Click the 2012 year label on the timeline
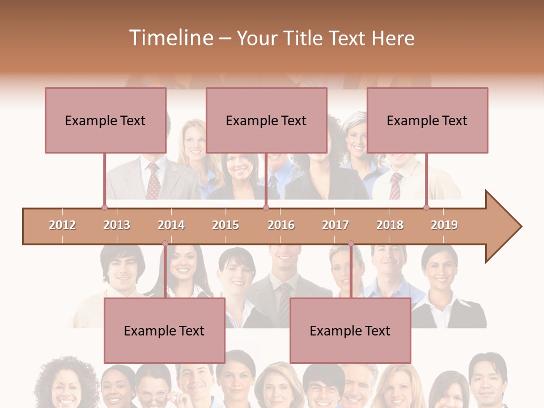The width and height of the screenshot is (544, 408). click(x=62, y=225)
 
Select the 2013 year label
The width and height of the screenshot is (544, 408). click(x=117, y=225)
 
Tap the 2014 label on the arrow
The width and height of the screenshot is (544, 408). click(x=171, y=225)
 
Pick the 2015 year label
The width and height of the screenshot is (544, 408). click(x=226, y=225)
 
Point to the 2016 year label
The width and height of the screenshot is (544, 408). click(x=281, y=225)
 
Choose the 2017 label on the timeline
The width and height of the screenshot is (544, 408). click(x=335, y=225)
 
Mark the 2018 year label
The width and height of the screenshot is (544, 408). click(x=390, y=225)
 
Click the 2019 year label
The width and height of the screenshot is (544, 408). click(x=444, y=225)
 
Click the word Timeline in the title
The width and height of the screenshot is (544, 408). click(x=170, y=38)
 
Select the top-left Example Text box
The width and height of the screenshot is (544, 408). click(x=105, y=120)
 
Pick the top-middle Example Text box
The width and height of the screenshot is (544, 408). click(x=266, y=120)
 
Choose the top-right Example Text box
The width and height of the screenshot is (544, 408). click(x=427, y=120)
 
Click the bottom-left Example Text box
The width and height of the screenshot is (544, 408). click(x=164, y=330)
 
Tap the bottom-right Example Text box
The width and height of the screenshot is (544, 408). click(x=350, y=330)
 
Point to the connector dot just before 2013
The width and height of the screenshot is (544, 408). click(x=105, y=207)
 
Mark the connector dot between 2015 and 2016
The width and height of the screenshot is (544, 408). click(x=266, y=207)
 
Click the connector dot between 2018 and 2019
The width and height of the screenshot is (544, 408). click(x=427, y=207)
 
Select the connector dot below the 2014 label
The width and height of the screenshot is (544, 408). click(x=165, y=244)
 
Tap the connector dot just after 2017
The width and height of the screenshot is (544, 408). click(x=351, y=244)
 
